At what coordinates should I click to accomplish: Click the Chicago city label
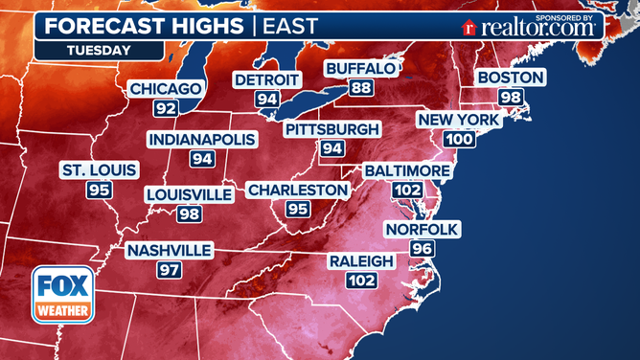166,89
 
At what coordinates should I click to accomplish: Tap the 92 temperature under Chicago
166,107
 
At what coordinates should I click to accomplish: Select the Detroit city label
267,79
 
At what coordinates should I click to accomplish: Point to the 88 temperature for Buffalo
360,87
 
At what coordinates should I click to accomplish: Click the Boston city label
511,78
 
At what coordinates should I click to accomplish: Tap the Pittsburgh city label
332,129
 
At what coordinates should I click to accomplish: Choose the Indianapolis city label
201,140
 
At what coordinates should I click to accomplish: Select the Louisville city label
189,194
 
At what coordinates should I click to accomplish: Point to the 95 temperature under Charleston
297,209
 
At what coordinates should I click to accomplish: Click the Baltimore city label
406,170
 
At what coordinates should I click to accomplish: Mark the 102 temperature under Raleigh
361,280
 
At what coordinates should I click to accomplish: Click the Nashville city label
168,251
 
